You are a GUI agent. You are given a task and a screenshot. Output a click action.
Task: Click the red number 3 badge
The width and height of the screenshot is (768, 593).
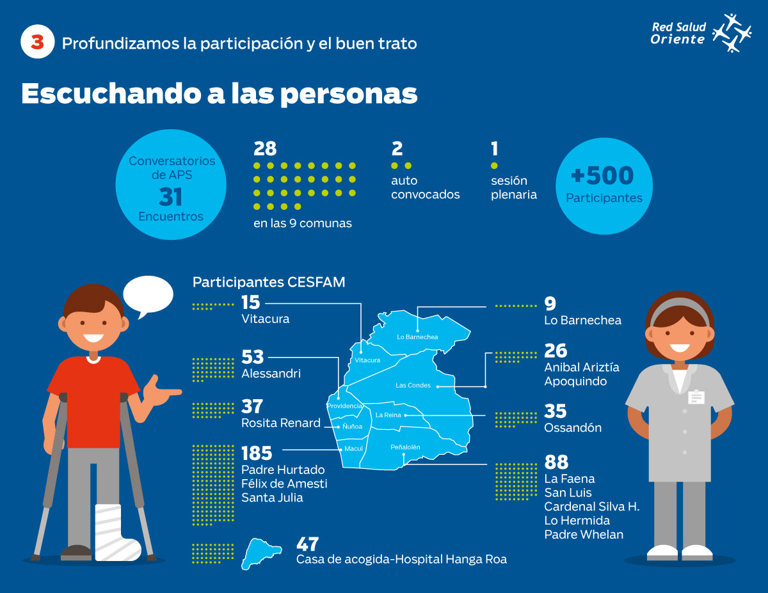pos(38,43)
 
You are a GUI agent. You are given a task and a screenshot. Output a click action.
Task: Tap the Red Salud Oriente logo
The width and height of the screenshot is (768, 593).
pos(700,33)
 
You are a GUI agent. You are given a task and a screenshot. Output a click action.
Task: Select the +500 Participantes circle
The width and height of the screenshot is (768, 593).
pos(604,185)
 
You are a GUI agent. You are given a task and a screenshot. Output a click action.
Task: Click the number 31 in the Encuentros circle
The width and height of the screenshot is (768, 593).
pos(171,196)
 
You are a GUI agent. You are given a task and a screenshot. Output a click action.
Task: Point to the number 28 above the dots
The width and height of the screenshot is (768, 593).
pos(265,149)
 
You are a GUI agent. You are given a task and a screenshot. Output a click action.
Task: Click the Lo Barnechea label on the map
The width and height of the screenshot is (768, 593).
pos(417,337)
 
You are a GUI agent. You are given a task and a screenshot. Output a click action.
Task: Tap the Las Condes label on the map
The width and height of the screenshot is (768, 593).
pos(413,385)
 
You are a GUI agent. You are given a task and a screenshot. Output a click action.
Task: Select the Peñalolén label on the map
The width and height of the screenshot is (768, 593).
pos(405,447)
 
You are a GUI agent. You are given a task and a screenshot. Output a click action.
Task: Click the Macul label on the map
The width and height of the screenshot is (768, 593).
pos(353,448)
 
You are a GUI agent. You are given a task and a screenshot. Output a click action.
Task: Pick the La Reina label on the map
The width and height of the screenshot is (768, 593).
pos(388,415)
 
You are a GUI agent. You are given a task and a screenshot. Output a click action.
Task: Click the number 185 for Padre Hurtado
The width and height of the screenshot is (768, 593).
pos(257,454)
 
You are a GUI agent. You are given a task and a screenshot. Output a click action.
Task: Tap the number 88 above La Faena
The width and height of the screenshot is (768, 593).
pos(556,462)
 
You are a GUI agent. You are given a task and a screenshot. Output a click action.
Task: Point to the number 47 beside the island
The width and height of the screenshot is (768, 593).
pos(308,544)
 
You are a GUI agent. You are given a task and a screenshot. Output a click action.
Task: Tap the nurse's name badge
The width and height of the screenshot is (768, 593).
pos(696,397)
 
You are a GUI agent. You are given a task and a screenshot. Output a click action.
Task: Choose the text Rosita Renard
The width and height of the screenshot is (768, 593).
pos(280,423)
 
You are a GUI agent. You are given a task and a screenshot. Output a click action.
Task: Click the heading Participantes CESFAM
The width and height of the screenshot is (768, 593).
pos(269,282)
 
